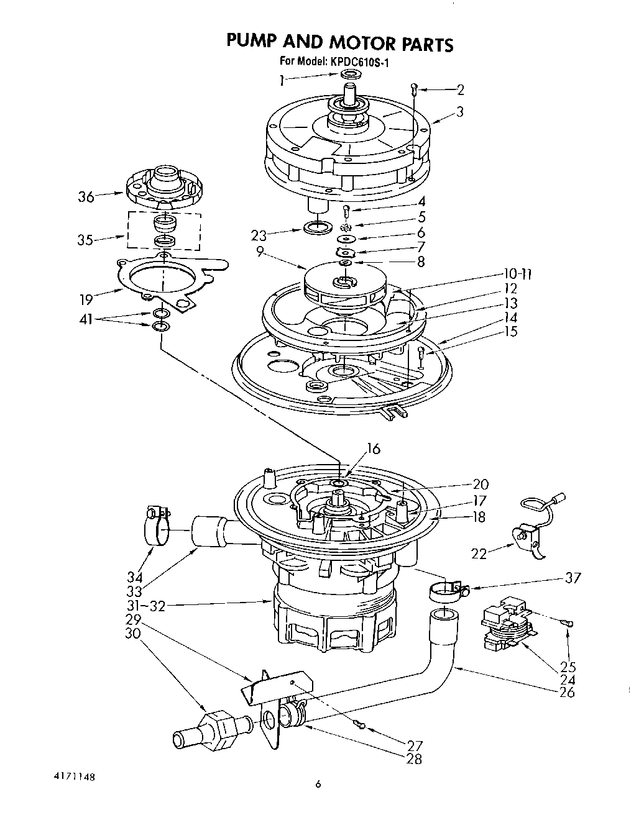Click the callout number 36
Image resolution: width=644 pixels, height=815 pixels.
86,197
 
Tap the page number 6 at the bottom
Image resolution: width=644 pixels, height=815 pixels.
318,785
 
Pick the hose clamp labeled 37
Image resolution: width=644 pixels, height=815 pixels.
446,591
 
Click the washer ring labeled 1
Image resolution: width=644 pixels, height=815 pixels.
351,76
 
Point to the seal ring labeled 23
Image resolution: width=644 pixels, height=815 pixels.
318,227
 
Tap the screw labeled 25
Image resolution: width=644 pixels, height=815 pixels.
568,624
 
